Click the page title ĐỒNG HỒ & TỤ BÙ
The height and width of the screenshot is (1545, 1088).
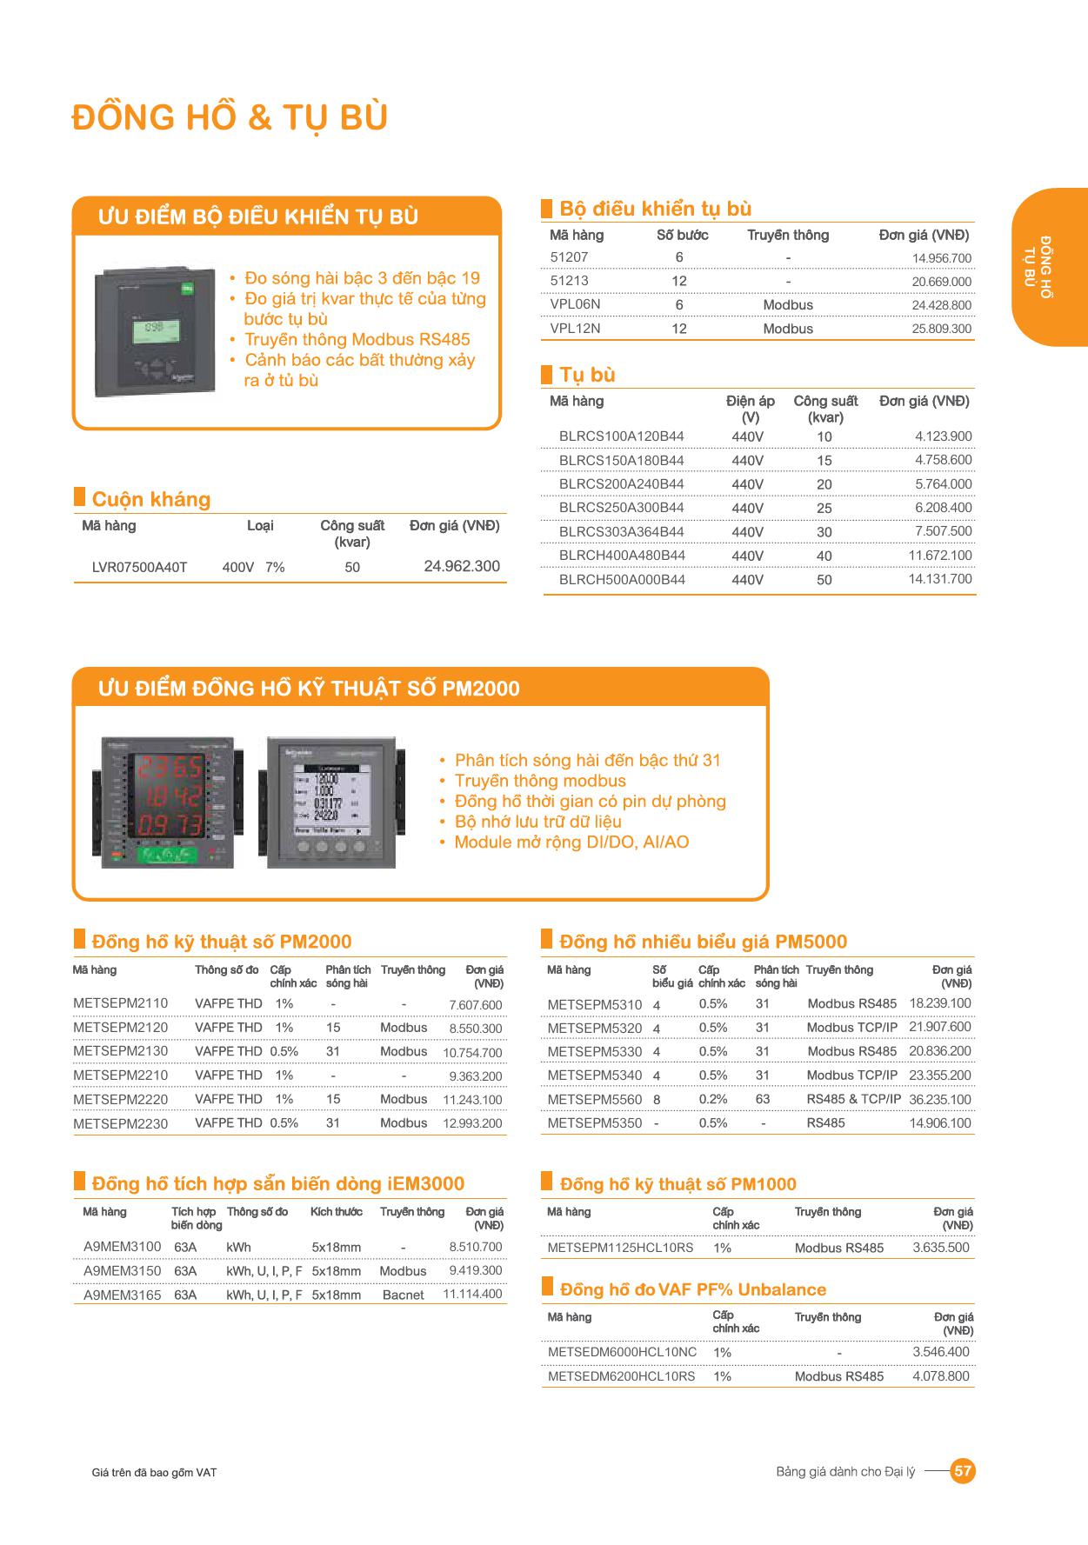[230, 117]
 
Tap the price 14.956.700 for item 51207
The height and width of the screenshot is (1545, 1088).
[941, 258]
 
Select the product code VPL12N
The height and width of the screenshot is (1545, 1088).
[575, 329]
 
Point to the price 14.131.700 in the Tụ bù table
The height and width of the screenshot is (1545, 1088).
[940, 579]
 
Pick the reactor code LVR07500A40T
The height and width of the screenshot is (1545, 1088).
[139, 568]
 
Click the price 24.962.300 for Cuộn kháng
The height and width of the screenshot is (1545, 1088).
[462, 566]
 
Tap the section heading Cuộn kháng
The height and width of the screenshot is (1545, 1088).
[151, 499]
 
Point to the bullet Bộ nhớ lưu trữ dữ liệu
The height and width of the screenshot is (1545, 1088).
[537, 822]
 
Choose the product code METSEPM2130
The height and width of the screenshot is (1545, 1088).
[121, 1051]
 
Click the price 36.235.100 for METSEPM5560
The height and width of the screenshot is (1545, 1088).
[939, 1099]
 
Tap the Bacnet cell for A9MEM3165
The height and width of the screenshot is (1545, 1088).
[403, 1295]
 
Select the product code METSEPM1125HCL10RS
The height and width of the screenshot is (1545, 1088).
[620, 1248]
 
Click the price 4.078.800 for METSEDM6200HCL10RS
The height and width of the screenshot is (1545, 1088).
[940, 1376]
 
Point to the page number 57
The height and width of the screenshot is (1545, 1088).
[963, 1472]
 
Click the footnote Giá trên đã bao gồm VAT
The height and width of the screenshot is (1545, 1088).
[154, 1473]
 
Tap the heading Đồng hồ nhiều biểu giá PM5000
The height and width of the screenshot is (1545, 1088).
[703, 942]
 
